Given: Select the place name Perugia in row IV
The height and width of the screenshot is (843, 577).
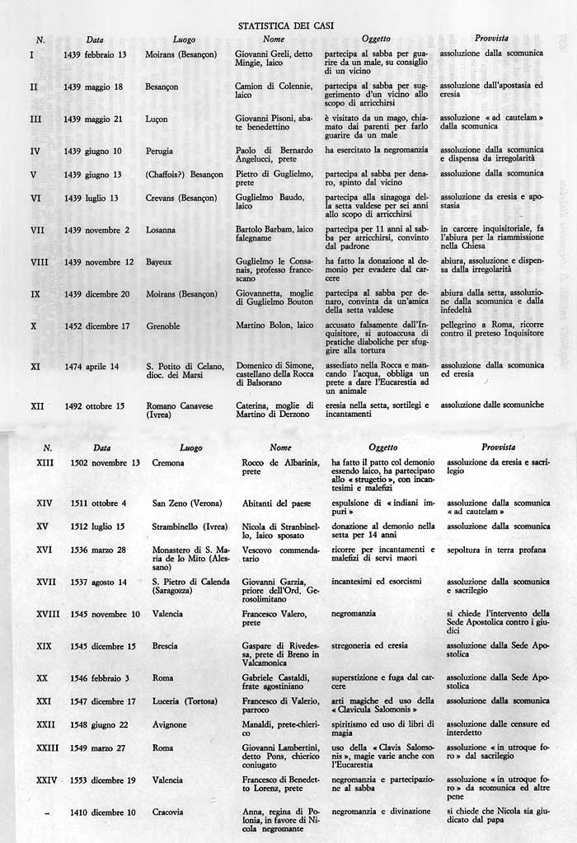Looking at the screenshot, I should pos(162,151).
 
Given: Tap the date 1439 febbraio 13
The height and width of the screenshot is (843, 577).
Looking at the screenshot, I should pos(95,54).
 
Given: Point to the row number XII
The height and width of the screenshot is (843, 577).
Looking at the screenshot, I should pos(37,405).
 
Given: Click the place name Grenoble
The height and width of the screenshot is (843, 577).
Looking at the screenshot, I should pos(165,325).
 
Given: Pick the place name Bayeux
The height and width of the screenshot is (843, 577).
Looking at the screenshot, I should pos(161,261).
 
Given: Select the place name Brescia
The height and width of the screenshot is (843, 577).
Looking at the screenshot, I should pos(165,646).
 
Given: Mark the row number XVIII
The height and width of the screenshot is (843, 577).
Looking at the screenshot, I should pos(49,614).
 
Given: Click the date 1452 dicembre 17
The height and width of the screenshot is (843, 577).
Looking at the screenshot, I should pos(96,325).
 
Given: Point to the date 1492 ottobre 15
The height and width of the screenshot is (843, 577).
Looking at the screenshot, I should pos(94,405).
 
